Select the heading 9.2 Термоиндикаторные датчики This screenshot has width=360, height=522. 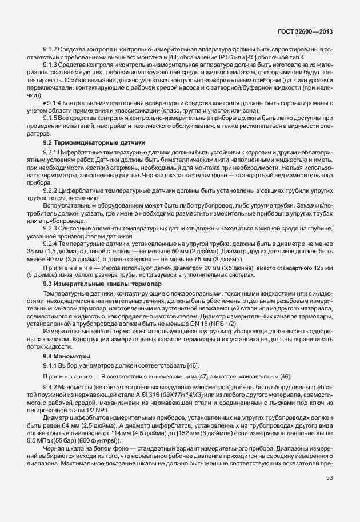[94, 142]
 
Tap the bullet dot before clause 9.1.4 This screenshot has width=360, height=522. [44, 102]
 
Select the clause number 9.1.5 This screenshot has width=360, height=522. [51, 117]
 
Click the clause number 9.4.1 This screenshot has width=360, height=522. [51, 365]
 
